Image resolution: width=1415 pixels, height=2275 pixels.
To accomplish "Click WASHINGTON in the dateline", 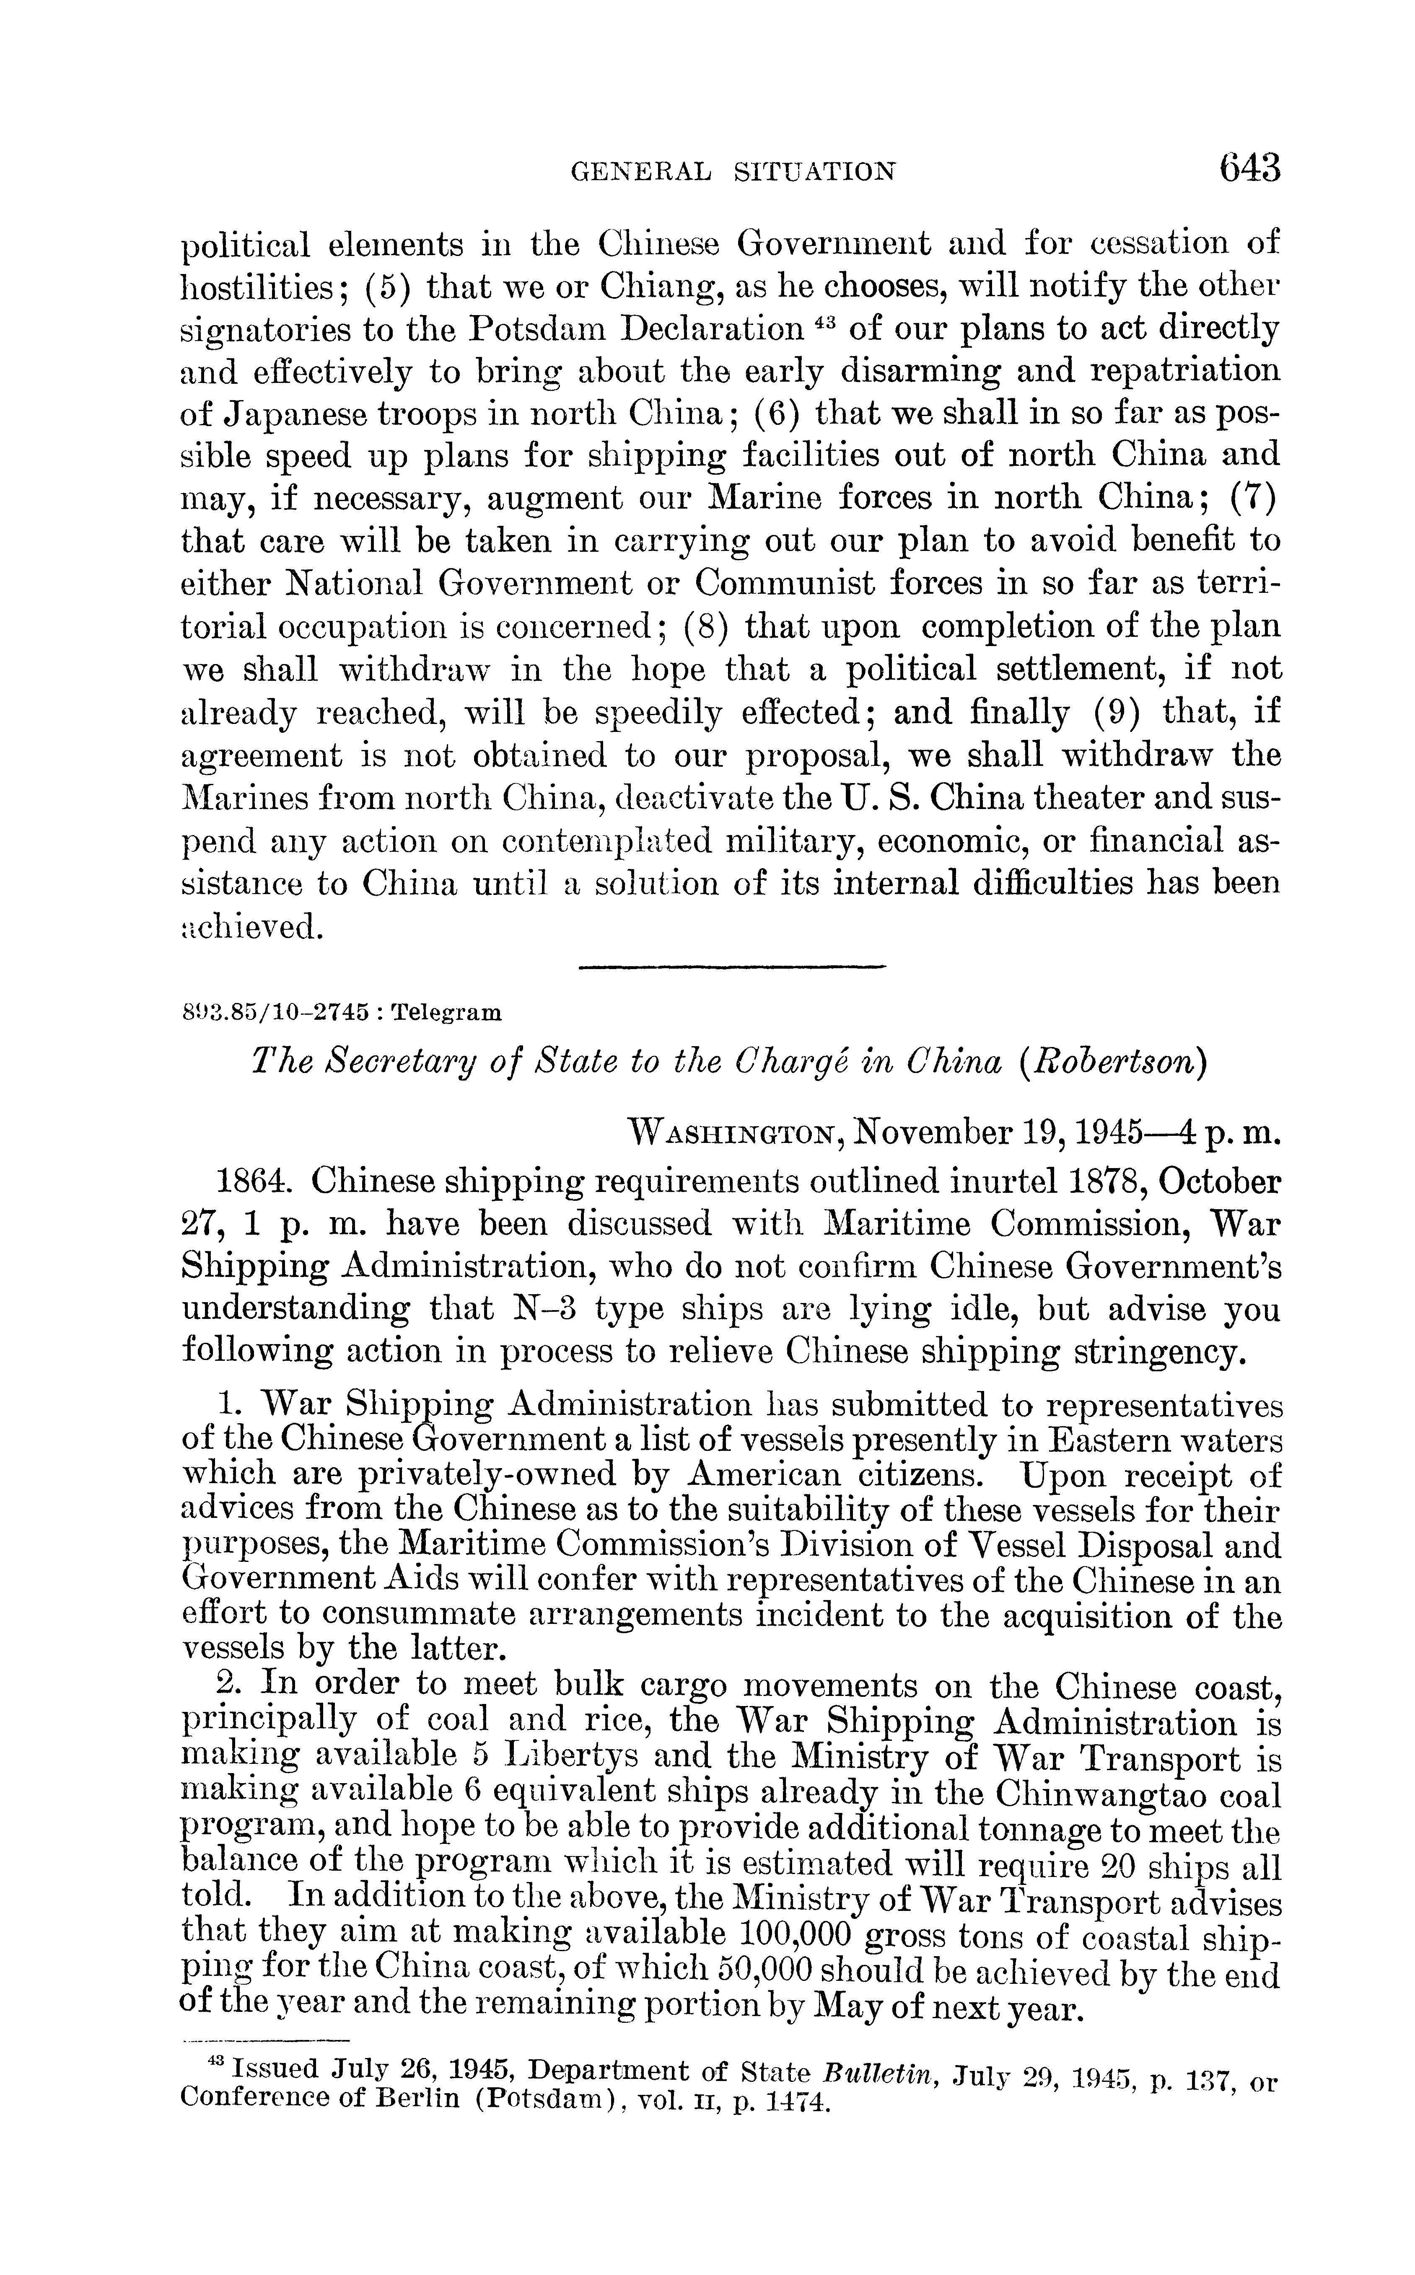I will click(736, 1135).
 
